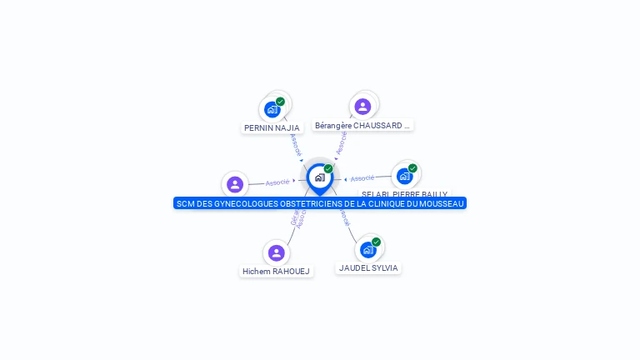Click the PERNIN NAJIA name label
click(272, 128)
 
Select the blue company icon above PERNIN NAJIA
click(272, 109)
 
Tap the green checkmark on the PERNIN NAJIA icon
click(281, 102)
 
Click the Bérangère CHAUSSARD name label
click(362, 126)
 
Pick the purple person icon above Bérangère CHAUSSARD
click(362, 107)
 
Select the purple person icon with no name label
click(235, 184)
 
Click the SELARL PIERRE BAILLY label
click(404, 194)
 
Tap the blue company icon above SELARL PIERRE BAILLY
click(404, 176)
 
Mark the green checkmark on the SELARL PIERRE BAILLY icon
click(412, 168)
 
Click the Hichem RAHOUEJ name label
click(276, 272)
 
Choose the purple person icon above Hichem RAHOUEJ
click(277, 252)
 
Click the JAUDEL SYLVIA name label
click(368, 268)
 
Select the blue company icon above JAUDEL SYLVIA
click(367, 249)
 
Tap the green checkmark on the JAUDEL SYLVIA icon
click(377, 242)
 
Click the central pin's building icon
click(319, 177)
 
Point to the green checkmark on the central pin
click(328, 169)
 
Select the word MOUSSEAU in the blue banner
click(441, 203)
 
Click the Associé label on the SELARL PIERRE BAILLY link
click(362, 178)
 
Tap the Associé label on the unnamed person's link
click(277, 182)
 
